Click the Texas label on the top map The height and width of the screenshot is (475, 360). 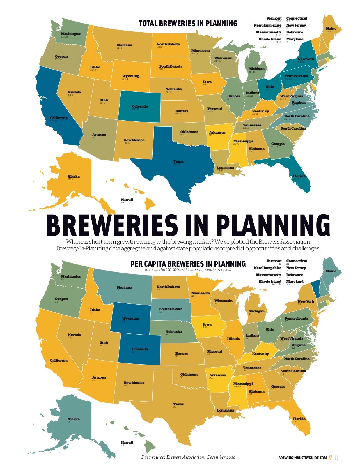coord(178,162)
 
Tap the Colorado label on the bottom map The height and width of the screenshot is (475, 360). coord(140,349)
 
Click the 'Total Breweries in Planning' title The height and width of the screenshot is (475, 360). coord(188,23)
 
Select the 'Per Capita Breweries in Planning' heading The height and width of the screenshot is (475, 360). coord(188,264)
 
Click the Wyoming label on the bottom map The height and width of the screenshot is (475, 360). coord(130,319)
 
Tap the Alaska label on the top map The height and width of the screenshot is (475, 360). coord(73,176)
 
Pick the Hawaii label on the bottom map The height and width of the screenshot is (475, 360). coord(127,442)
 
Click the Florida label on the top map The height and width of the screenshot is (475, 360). coord(299,176)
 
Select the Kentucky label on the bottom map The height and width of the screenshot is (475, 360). coord(260,354)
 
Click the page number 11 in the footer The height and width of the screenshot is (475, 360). coord(336,458)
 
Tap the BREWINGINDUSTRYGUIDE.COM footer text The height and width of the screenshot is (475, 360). coord(302,458)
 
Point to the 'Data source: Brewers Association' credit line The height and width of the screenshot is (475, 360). coord(188,457)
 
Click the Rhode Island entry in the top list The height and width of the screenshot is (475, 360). coord(270,39)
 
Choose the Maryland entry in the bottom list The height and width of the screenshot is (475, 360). coord(295,282)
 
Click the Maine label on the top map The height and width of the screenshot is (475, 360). coord(331,29)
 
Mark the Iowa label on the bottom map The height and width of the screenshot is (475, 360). coord(207,324)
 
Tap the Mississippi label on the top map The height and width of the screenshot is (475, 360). coord(243,141)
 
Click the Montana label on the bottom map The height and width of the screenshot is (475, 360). coord(124,287)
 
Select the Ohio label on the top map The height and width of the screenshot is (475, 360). coord(269,87)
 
